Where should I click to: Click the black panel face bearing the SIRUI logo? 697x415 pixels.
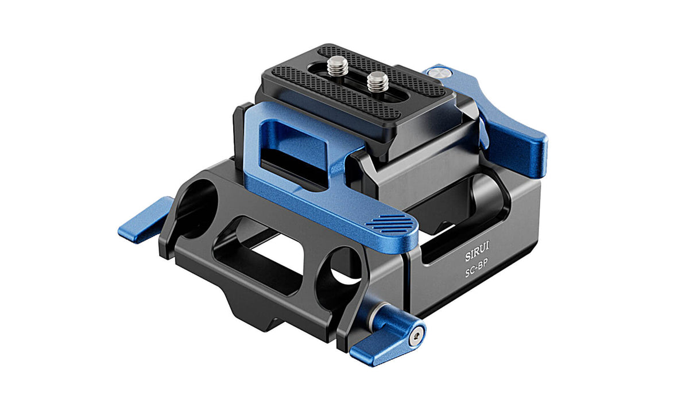pos(477,270)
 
